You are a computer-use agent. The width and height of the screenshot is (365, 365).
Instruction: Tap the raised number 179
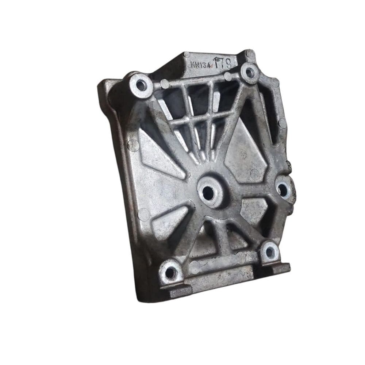tap(223, 64)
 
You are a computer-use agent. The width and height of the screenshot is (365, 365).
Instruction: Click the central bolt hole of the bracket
tap(208, 192)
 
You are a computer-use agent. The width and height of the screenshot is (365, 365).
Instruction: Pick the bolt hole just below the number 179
tap(249, 73)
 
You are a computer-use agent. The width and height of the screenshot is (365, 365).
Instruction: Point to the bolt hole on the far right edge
tap(283, 189)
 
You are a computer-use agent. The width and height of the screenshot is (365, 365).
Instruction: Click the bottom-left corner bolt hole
tap(170, 272)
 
